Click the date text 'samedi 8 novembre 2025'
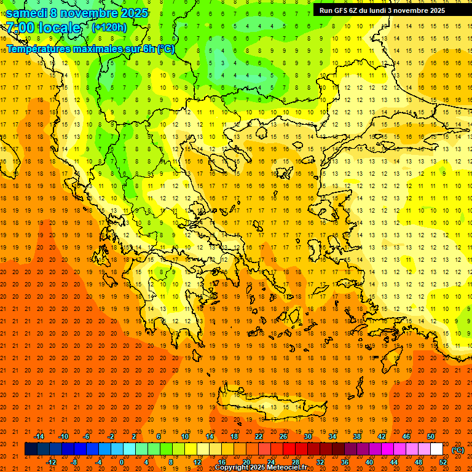pyautogui.click(x=77, y=12)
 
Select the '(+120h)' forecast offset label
pyautogui.click(x=109, y=27)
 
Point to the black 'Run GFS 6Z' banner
pyautogui.click(x=379, y=10)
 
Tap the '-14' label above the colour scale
pyautogui.click(x=39, y=436)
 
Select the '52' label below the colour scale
pyautogui.click(x=443, y=462)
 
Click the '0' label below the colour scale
pyautogui.click(x=122, y=462)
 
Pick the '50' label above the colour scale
pyautogui.click(x=431, y=436)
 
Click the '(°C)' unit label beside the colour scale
pyautogui.click(x=458, y=450)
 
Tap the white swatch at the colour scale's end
pyautogui.click(x=437, y=449)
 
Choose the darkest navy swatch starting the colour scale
pyautogui.click(x=31, y=449)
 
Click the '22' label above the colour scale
pyautogui.click(x=259, y=436)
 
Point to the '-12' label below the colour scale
pyautogui.click(x=51, y=462)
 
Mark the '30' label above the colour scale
pyautogui.click(x=308, y=436)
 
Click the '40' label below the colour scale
pyautogui.click(x=369, y=462)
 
